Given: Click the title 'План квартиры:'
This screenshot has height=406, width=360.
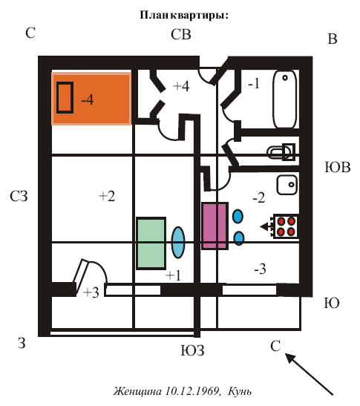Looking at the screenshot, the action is click(x=184, y=15).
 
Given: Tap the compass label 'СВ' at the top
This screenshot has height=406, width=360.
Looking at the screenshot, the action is click(x=181, y=34).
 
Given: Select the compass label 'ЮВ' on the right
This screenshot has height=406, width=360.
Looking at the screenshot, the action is click(x=338, y=167).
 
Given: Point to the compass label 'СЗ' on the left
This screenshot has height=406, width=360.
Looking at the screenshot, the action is click(x=19, y=196).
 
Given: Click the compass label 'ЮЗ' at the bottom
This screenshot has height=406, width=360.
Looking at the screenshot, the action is click(x=192, y=350).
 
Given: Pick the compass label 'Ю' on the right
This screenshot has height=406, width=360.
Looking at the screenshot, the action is click(x=332, y=303).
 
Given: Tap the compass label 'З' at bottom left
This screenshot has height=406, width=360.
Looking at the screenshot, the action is click(x=22, y=343).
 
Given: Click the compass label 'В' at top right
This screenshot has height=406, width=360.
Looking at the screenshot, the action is click(x=333, y=39).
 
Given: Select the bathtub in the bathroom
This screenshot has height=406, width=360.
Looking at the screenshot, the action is click(x=284, y=99).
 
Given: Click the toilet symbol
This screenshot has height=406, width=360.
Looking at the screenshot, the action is click(x=281, y=152).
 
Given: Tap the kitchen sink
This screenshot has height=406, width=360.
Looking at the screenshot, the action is click(x=287, y=185).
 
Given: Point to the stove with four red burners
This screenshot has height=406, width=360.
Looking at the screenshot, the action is click(x=286, y=226).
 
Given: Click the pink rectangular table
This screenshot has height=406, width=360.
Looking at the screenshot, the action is click(x=215, y=226).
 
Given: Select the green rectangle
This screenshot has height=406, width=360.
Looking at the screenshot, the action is click(x=151, y=243).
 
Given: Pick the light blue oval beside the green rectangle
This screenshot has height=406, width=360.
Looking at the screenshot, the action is click(x=178, y=243).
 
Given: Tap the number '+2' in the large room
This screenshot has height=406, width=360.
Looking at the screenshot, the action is click(x=107, y=196).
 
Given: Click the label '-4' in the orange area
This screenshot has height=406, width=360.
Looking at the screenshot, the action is click(x=88, y=99).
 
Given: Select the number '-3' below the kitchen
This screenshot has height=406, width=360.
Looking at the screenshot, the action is click(x=260, y=269).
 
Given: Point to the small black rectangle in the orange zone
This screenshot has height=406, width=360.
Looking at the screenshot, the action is click(x=65, y=98).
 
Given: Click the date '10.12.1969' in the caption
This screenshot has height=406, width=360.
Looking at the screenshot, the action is click(x=192, y=390).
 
